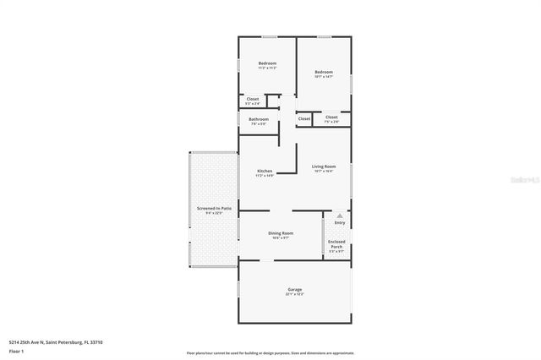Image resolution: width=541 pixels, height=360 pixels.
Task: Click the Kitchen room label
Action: pyautogui.click(x=265, y=171)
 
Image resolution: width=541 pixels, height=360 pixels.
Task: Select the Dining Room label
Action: pyautogui.click(x=281, y=232)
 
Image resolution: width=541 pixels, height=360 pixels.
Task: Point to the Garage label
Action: pyautogui.click(x=294, y=290)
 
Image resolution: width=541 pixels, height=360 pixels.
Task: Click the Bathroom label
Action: pyautogui.click(x=259, y=119)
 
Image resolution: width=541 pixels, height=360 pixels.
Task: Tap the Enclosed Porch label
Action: pyautogui.click(x=336, y=244)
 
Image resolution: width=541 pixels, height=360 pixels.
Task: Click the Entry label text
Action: pyautogui.click(x=340, y=223)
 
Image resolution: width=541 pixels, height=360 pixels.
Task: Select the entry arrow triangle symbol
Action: pyautogui.click(x=340, y=216)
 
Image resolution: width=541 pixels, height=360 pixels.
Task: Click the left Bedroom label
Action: pyautogui.click(x=267, y=63)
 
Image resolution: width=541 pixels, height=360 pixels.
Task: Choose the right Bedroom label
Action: pyautogui.click(x=324, y=72)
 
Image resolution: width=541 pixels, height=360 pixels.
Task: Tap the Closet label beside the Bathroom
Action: pyautogui.click(x=253, y=99)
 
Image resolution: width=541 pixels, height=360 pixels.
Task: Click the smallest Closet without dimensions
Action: pyautogui.click(x=304, y=119)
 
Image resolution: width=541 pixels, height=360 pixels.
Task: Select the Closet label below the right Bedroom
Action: pyautogui.click(x=331, y=117)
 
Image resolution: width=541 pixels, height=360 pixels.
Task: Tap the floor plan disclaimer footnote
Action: pyautogui.click(x=270, y=352)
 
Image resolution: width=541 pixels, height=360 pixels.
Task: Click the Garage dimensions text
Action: pyautogui.click(x=294, y=295)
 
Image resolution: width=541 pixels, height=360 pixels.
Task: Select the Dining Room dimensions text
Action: pyautogui.click(x=281, y=237)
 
